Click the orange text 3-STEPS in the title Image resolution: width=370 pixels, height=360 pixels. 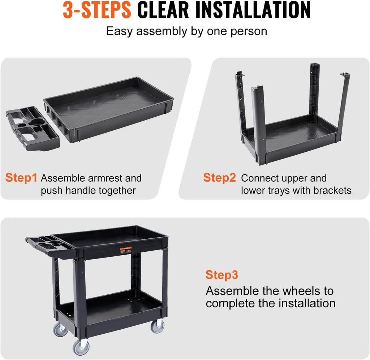click(x=97, y=10)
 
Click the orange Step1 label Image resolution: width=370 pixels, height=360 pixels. click(x=21, y=178)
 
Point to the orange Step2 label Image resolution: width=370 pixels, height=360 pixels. click(x=219, y=178)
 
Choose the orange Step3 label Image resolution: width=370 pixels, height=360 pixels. click(x=222, y=275)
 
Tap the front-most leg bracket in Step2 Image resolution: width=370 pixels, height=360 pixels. click(x=259, y=125)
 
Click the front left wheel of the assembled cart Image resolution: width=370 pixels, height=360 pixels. click(x=81, y=347)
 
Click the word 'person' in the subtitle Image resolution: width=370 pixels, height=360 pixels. click(x=249, y=31)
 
